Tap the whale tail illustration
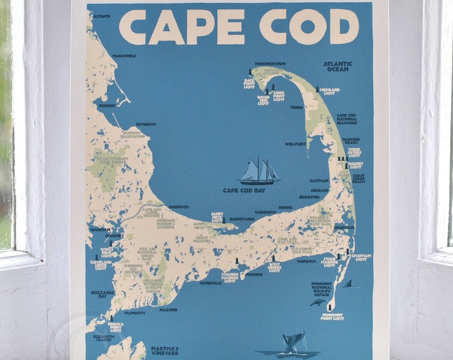pyautogui.click(x=291, y=343)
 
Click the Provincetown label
pyautogui.click(x=270, y=64)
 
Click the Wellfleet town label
pyautogui.click(x=295, y=143)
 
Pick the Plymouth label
pyautogui.click(x=146, y=124)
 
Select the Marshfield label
pyautogui.click(x=124, y=55)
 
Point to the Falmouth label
pyautogui.click(x=134, y=312)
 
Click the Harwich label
pyautogui.click(x=306, y=261)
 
